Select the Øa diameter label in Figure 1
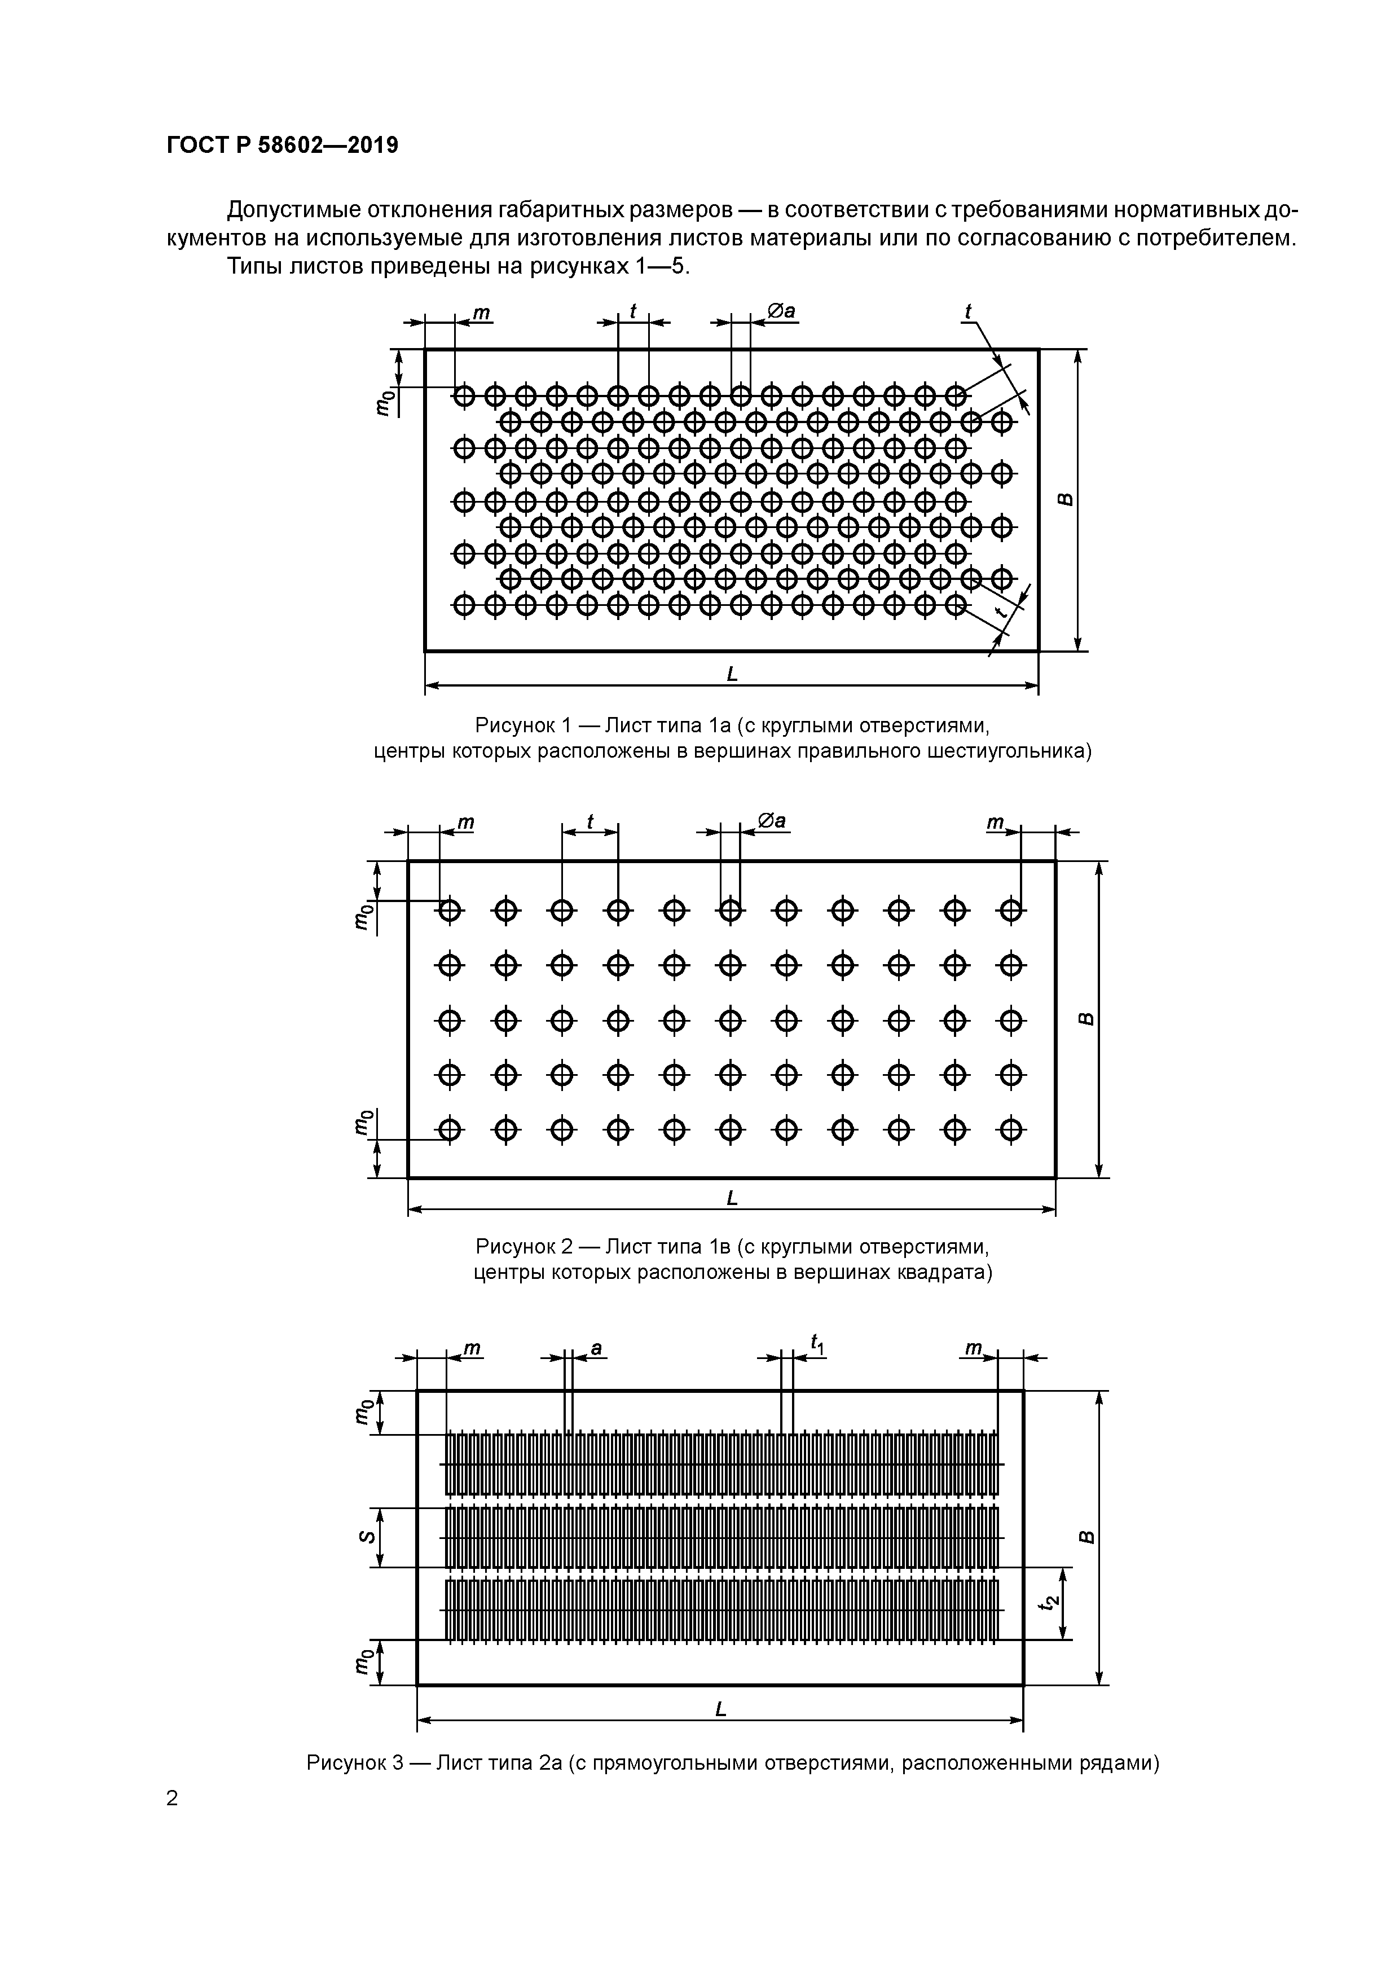pyautogui.click(x=780, y=311)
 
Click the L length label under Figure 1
pyautogui.click(x=732, y=674)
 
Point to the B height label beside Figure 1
pyautogui.click(x=1066, y=499)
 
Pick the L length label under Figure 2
pyautogui.click(x=732, y=1198)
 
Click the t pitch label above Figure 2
pyautogui.click(x=591, y=821)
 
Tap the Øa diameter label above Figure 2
pyautogui.click(x=772, y=821)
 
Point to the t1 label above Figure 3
pyautogui.click(x=816, y=1343)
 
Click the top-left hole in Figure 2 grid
pyautogui.click(x=449, y=909)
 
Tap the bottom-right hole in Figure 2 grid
pyautogui.click(x=1011, y=1129)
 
